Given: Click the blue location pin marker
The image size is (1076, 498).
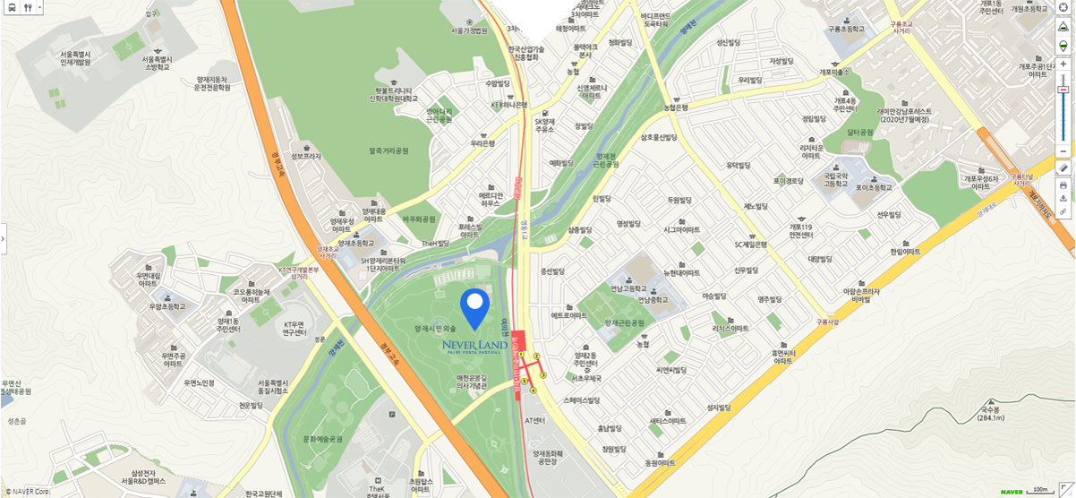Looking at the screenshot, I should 474,307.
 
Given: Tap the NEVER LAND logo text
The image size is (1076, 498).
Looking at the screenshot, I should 474,345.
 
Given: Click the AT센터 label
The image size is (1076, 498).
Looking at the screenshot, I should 534,419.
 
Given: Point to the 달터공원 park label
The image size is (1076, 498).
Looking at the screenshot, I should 859,132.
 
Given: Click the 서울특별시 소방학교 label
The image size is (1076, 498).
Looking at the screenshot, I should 157,63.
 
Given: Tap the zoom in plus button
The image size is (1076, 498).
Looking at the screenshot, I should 1063,64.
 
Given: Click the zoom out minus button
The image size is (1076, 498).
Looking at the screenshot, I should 1063,150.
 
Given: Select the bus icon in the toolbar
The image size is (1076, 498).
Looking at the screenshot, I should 11,7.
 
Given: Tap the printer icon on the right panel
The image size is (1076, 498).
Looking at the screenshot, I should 1063,185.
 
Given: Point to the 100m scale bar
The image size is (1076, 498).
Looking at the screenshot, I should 1042,490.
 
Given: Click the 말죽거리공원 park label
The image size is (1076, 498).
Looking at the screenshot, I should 388,151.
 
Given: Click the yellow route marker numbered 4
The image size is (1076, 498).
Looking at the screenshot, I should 533,391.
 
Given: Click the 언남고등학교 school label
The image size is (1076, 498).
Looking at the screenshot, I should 628,288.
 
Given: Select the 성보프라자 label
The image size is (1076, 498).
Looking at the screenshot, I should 305,156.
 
